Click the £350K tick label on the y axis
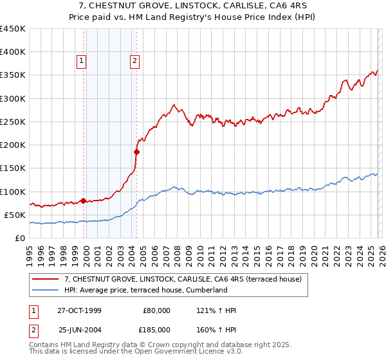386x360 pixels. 13,75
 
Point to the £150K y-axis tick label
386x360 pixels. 13,168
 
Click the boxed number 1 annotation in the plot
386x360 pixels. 82,62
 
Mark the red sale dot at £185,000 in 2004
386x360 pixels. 136,152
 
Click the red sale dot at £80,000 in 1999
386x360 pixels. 84,201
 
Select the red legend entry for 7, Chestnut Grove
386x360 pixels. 187,278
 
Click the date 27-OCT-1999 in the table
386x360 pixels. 79,310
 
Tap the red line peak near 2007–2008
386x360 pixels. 174,105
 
